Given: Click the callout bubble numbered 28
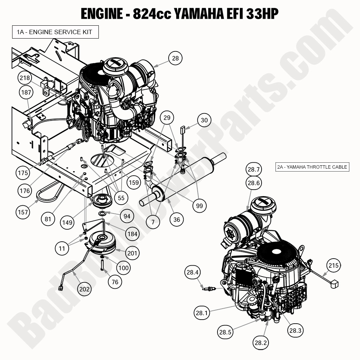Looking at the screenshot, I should [175, 58].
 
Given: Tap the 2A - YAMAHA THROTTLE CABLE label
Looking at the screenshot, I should [312, 167].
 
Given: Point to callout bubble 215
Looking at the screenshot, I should [334, 265].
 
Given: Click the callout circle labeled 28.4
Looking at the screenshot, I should [193, 273].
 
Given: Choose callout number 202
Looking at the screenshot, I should [84, 289].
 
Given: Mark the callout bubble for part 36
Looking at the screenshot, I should [177, 220].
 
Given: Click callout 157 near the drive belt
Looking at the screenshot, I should [23, 212].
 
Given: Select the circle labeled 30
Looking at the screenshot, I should [204, 120].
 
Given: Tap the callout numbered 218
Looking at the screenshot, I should [25, 78].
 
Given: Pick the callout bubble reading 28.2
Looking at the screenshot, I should [260, 343].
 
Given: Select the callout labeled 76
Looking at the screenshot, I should [115, 282].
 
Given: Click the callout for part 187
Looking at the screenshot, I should [26, 93].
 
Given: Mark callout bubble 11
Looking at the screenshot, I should [62, 249].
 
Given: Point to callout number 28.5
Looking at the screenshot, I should [225, 332].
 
